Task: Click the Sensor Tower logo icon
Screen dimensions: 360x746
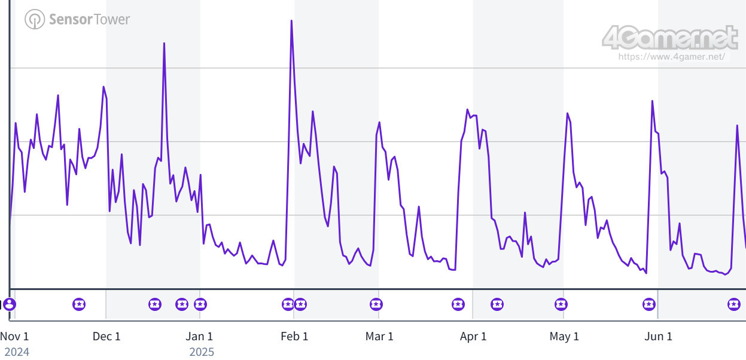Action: coord(35,19)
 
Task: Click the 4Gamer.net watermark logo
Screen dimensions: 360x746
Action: coord(670,38)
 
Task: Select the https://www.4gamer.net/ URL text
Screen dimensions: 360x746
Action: coord(672,57)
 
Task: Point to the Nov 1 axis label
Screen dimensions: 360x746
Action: coord(14,336)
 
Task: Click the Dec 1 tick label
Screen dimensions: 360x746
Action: coord(106,336)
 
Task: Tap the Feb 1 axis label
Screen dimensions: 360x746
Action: coord(294,336)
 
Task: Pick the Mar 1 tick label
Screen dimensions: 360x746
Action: coord(379,336)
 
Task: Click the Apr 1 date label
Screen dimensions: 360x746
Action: coord(473,336)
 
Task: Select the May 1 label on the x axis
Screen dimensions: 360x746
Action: coord(564,336)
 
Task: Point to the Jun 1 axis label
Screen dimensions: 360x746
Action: coord(658,336)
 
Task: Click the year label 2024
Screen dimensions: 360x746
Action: coord(17,352)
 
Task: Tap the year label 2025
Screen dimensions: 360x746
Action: coord(202,352)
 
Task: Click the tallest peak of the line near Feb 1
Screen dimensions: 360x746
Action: coord(291,21)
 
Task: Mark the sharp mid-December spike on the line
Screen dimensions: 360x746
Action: coord(164,43)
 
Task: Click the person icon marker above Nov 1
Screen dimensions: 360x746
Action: coord(9,304)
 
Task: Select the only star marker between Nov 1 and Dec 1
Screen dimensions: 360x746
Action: coord(79,304)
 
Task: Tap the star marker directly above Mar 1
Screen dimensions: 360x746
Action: coord(376,304)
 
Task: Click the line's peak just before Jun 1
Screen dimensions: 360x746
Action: coord(652,101)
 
